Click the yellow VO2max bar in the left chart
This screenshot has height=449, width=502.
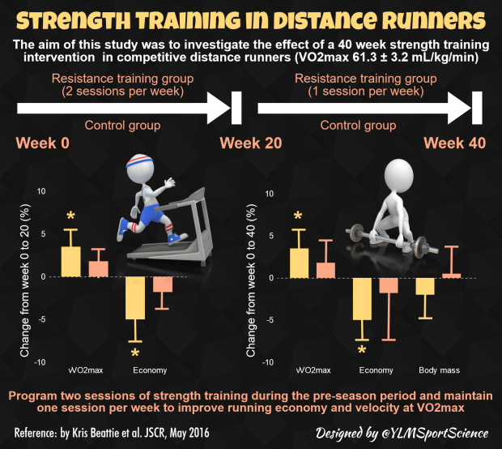pos(70,261)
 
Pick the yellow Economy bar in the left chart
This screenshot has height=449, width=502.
pos(134,297)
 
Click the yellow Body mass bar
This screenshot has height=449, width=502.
pos(425,286)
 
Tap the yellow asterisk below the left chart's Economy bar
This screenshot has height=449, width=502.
pos(135,354)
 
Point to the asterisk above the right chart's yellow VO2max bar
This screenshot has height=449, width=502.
pos(298,216)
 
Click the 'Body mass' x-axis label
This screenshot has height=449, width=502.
pos(439,370)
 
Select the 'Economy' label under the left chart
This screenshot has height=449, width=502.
pos(150,370)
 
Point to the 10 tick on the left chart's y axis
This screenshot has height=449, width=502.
pos(40,192)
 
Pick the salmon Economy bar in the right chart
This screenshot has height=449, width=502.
pos(389,285)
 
